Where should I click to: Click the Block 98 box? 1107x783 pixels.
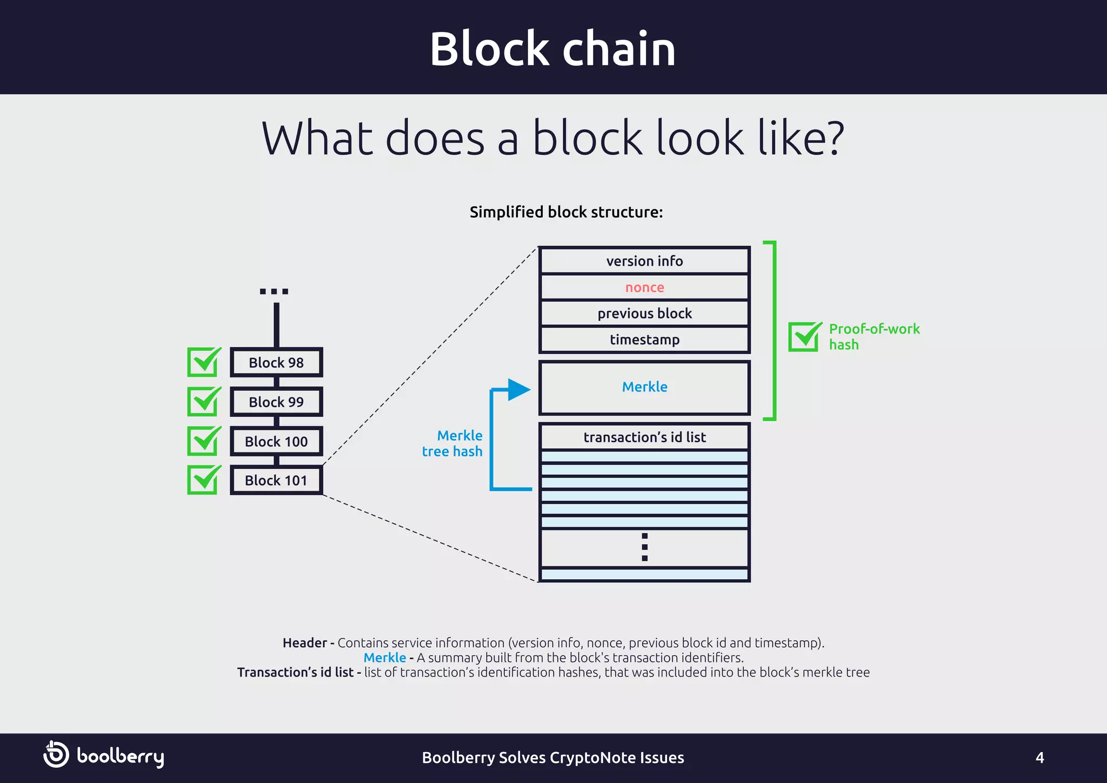pyautogui.click(x=276, y=362)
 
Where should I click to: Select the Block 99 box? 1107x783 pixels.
pyautogui.click(x=276, y=402)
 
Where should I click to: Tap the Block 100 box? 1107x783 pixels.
pyautogui.click(x=276, y=441)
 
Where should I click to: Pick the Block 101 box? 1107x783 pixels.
pyautogui.click(x=276, y=480)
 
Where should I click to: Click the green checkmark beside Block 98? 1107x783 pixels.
pyautogui.click(x=204, y=362)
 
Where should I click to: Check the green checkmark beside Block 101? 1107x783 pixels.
pyautogui.click(x=204, y=480)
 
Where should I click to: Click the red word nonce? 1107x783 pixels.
pyautogui.click(x=644, y=288)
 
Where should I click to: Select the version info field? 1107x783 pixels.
pyautogui.click(x=644, y=261)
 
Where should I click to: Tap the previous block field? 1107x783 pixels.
pyautogui.click(x=644, y=314)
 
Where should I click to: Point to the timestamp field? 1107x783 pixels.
pyautogui.click(x=644, y=340)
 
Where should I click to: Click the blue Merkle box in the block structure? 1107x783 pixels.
pyautogui.click(x=644, y=387)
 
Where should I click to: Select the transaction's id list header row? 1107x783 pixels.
pyautogui.click(x=644, y=437)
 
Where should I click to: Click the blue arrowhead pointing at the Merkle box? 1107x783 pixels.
pyautogui.click(x=519, y=389)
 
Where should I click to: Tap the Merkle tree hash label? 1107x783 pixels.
pyautogui.click(x=453, y=443)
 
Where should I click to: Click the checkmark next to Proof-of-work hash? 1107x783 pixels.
pyautogui.click(x=804, y=336)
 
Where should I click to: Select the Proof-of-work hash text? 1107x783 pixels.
pyautogui.click(x=873, y=336)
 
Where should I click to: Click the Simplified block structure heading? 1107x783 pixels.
pyautogui.click(x=566, y=212)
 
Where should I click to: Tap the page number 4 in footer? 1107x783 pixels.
pyautogui.click(x=1039, y=758)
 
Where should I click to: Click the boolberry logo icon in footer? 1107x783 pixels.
pyautogui.click(x=56, y=754)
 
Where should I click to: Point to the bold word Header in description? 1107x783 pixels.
pyautogui.click(x=304, y=643)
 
